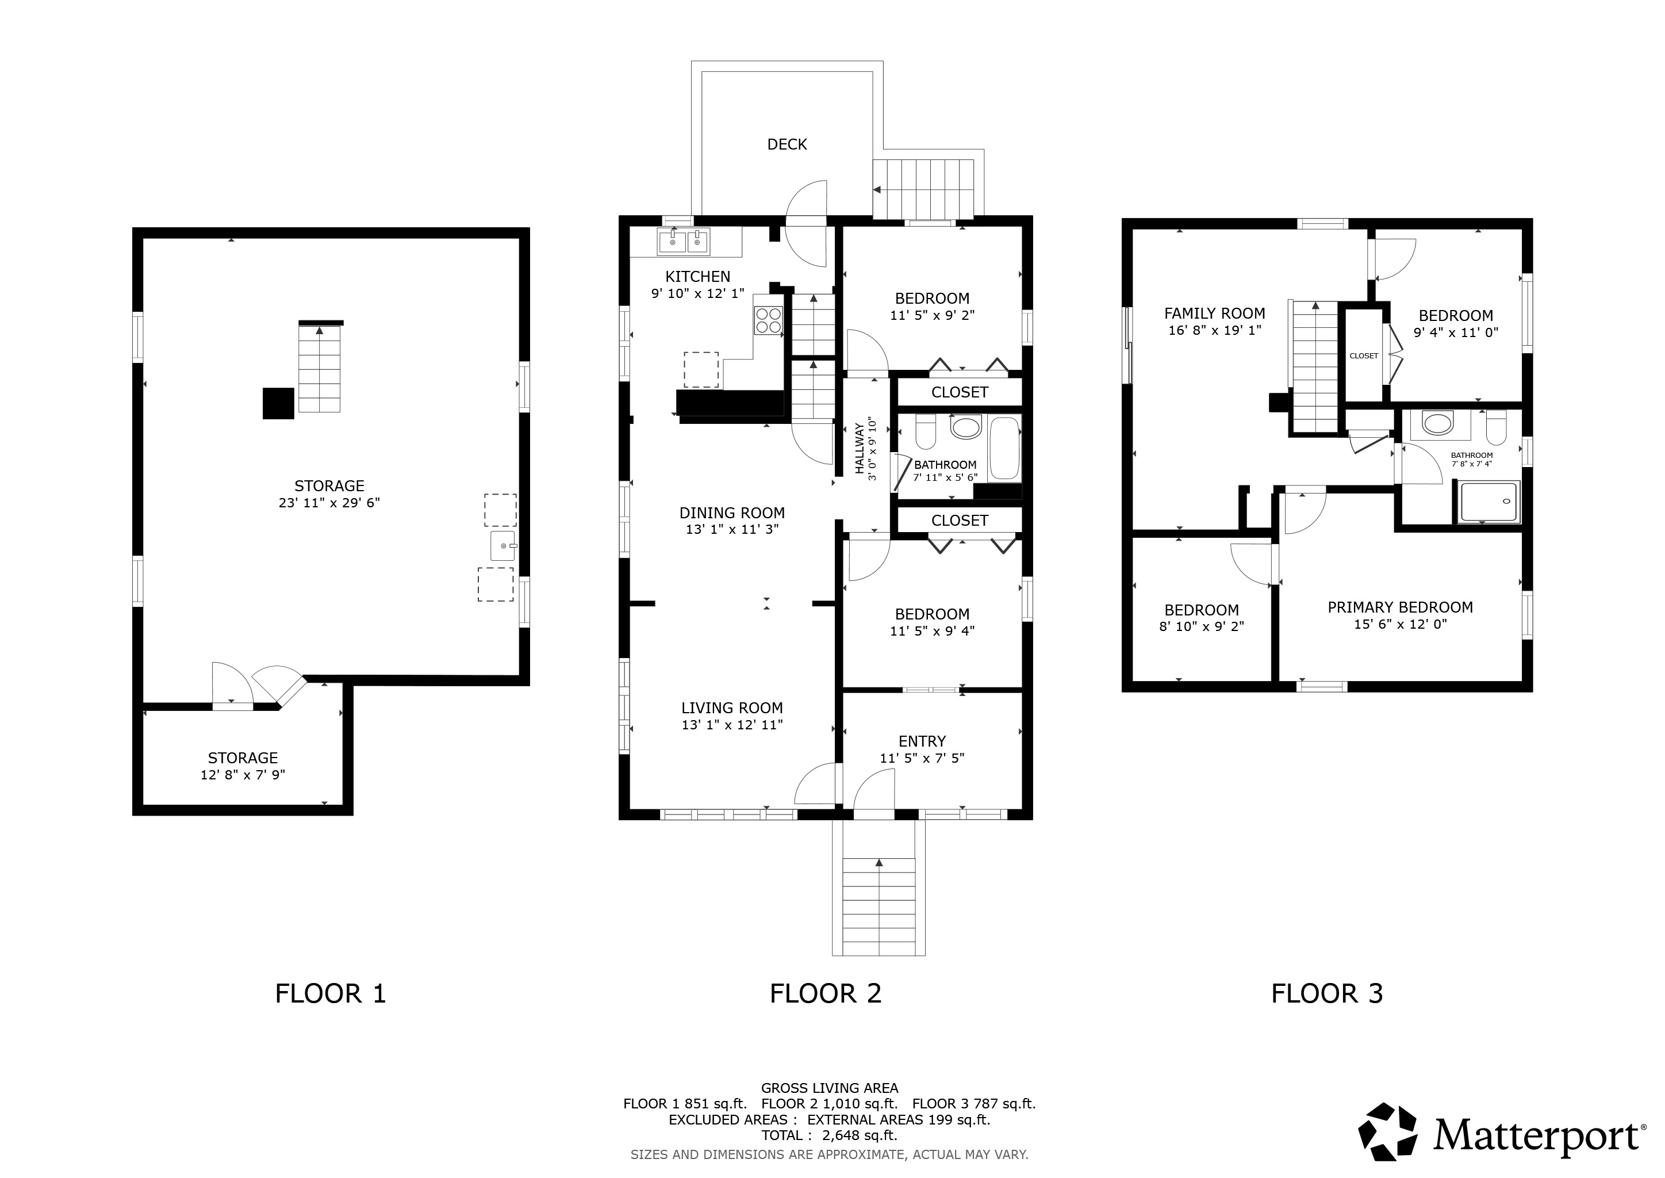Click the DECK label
coord(787,144)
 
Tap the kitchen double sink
coord(684,241)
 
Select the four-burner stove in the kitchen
coord(769,320)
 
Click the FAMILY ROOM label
coord(1215,313)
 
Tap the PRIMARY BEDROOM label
coord(1401,607)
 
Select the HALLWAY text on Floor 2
coord(860,449)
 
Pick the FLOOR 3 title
coord(1327,993)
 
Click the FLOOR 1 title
coord(331,993)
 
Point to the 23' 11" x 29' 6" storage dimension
coord(329,503)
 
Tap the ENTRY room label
coord(922,741)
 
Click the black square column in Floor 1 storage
coord(278,403)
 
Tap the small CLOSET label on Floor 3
coord(1364,355)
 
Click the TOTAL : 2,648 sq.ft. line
coord(829,1135)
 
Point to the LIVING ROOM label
coord(732,708)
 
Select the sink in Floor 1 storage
coord(502,545)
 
